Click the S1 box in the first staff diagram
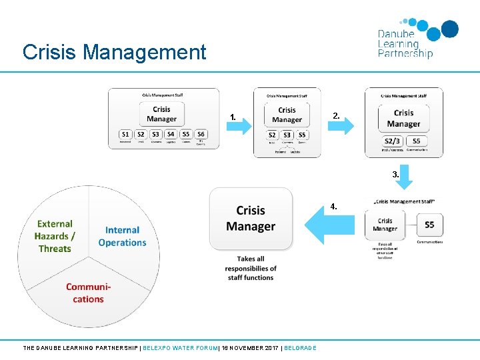pyautogui.click(x=125, y=134)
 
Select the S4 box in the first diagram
pyautogui.click(x=171, y=134)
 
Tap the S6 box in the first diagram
pyautogui.click(x=201, y=134)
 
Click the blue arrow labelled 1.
pyautogui.click(x=236, y=125)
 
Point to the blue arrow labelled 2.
pyautogui.click(x=339, y=125)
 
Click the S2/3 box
pyautogui.click(x=393, y=141)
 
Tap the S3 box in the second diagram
pyautogui.click(x=287, y=135)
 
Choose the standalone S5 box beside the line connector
pyautogui.click(x=429, y=225)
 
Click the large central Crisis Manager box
pyautogui.click(x=251, y=219)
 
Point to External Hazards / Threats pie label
pyautogui.click(x=55, y=236)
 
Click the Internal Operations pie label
pyautogui.click(x=122, y=236)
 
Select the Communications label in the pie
pyautogui.click(x=88, y=293)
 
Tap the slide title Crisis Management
pyautogui.click(x=114, y=52)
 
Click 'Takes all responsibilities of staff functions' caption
pyautogui.click(x=251, y=268)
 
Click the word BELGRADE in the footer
pyautogui.click(x=300, y=347)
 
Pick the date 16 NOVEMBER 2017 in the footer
pyautogui.click(x=250, y=347)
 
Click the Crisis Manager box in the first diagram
pyautogui.click(x=162, y=114)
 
